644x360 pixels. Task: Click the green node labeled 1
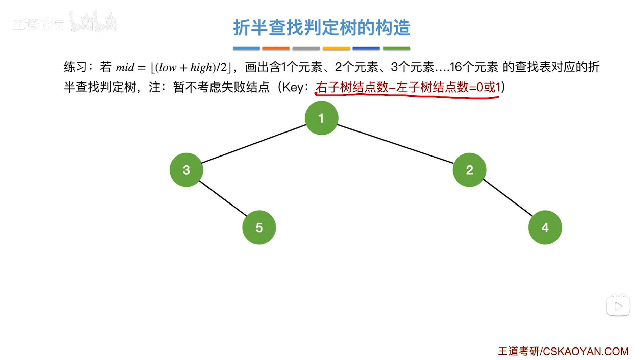(x=321, y=118)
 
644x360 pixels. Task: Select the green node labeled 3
(x=186, y=170)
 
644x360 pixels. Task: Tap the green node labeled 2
(x=469, y=170)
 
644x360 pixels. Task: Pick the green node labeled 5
(x=259, y=227)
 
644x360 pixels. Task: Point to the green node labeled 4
(x=545, y=227)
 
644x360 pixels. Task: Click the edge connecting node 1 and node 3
(x=253, y=144)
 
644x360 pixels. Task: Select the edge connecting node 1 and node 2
(x=395, y=144)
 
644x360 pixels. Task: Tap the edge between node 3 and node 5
(x=223, y=199)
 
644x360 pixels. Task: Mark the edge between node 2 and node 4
(x=507, y=198)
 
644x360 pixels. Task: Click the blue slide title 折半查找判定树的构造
(x=321, y=28)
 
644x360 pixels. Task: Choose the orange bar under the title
(x=276, y=49)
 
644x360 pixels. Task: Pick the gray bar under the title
(x=306, y=49)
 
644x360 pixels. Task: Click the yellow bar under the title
(x=336, y=49)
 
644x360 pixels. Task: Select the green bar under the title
(x=396, y=49)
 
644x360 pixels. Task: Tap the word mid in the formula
(x=125, y=67)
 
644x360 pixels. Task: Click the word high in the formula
(x=201, y=67)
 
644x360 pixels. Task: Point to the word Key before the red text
(x=293, y=88)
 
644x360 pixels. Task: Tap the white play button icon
(x=618, y=306)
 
